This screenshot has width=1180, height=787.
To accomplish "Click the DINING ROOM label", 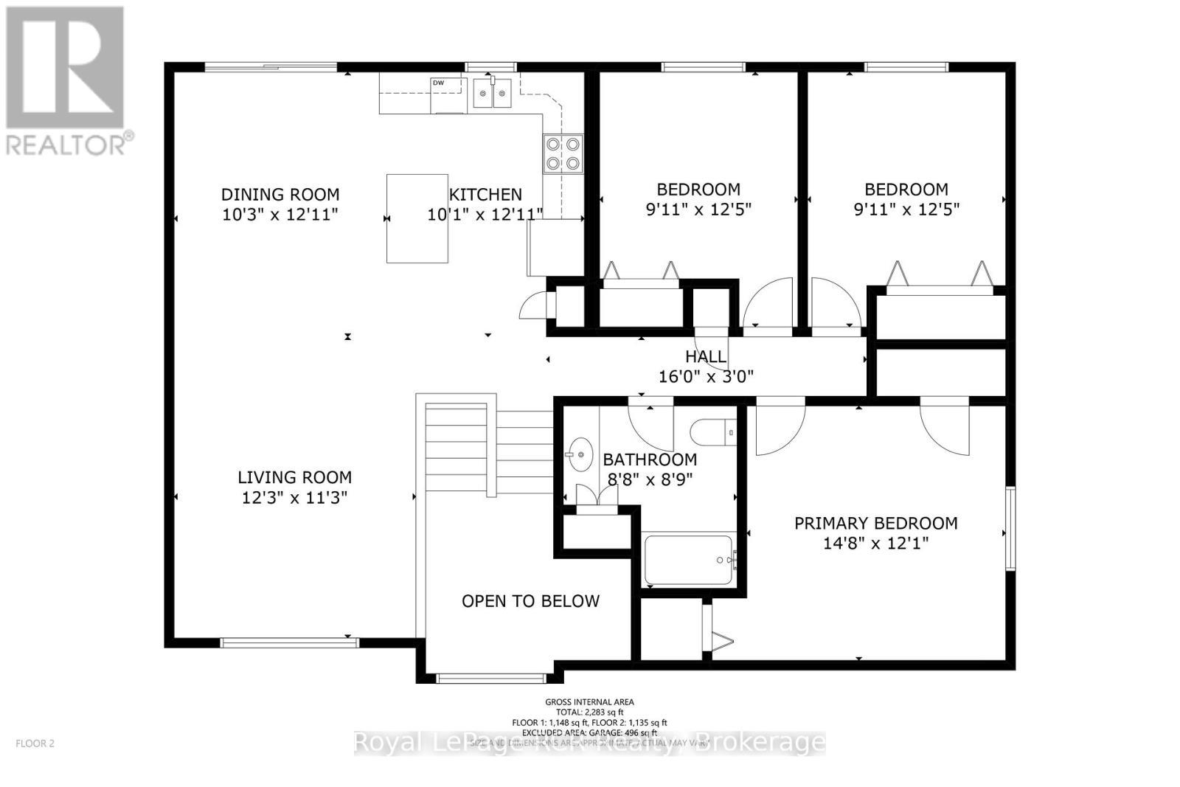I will (280, 195).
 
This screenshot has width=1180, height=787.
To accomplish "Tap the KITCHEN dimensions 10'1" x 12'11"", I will (485, 215).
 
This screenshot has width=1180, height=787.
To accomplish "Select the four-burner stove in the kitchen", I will (563, 154).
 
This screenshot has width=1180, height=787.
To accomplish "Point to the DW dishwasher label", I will (438, 83).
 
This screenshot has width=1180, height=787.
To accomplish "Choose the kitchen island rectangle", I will (417, 218).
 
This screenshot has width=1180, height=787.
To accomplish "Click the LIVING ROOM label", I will (294, 477).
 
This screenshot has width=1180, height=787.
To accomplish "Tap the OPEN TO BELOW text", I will (530, 601).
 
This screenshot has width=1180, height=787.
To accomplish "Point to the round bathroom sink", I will (581, 455).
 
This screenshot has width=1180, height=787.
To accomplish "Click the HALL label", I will (706, 357).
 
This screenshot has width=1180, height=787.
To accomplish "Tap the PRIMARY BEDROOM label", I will (875, 524).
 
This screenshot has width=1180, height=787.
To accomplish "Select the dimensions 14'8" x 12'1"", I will (875, 544).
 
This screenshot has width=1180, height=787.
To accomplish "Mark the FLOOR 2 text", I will (35, 743).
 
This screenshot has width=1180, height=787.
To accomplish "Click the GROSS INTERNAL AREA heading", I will (589, 702).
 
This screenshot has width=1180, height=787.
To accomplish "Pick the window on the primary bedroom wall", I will (1010, 527).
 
